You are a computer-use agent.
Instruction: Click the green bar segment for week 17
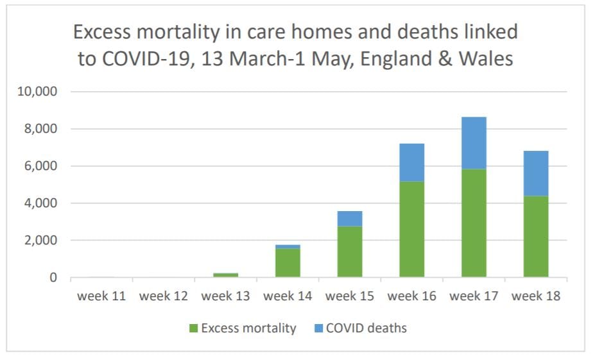tap(474, 223)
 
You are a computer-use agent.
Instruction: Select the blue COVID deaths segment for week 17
tap(474, 142)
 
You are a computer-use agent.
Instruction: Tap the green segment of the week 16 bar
tap(411, 229)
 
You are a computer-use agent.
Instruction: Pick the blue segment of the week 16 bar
tap(411, 162)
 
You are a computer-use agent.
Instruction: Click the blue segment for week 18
tap(536, 173)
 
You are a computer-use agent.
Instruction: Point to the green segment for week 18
tap(536, 236)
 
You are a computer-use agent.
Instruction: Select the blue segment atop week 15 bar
tap(349, 218)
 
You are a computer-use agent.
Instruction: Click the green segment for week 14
tap(288, 263)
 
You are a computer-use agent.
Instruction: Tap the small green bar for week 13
tap(225, 275)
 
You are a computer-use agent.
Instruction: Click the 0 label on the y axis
tap(53, 278)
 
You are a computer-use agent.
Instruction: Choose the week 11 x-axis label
tap(101, 296)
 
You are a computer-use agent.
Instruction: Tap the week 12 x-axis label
tap(163, 296)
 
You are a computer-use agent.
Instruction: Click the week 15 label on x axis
tap(349, 296)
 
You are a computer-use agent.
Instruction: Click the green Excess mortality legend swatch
tap(193, 329)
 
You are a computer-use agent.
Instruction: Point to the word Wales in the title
tap(483, 59)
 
